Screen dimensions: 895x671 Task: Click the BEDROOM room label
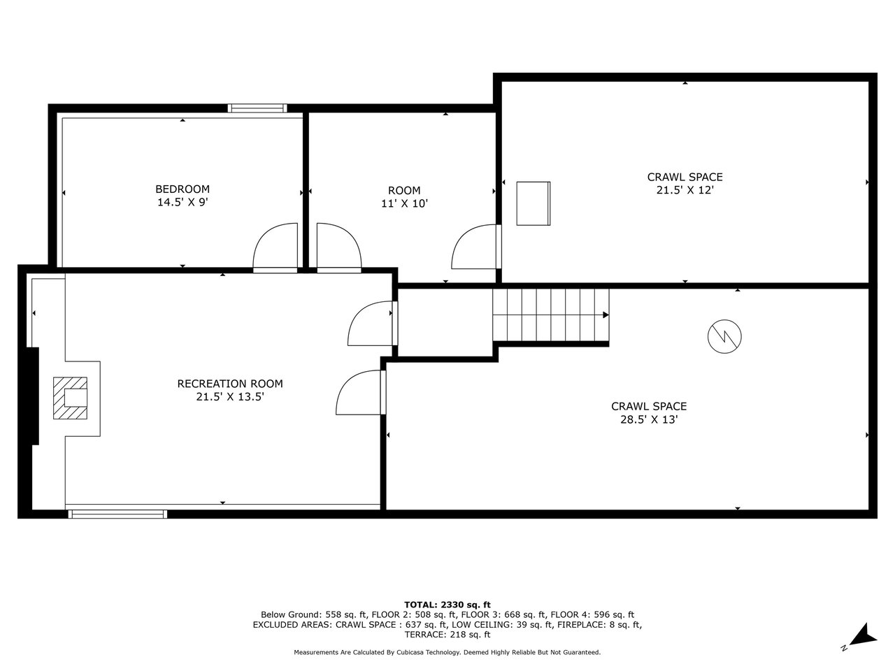pos(182,189)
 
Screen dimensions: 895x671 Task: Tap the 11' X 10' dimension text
pos(404,203)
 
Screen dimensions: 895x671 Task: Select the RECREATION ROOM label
pos(230,384)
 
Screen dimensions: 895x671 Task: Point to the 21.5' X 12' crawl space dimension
pos(685,190)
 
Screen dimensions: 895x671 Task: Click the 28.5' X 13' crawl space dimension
pos(649,419)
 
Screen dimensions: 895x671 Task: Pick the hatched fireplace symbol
pos(70,398)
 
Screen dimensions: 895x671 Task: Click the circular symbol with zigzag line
pos(724,336)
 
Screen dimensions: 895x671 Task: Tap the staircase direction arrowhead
pos(606,315)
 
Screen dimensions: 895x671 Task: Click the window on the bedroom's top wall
pos(257,108)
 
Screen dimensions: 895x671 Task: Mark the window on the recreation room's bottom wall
pos(117,514)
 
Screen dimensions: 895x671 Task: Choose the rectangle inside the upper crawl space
pos(534,203)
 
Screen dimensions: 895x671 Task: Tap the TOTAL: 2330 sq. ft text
pos(447,605)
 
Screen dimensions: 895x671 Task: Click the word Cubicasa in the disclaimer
pos(408,653)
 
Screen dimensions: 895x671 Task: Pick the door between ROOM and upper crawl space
pos(476,247)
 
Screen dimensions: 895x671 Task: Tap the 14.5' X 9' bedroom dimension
pos(182,202)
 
